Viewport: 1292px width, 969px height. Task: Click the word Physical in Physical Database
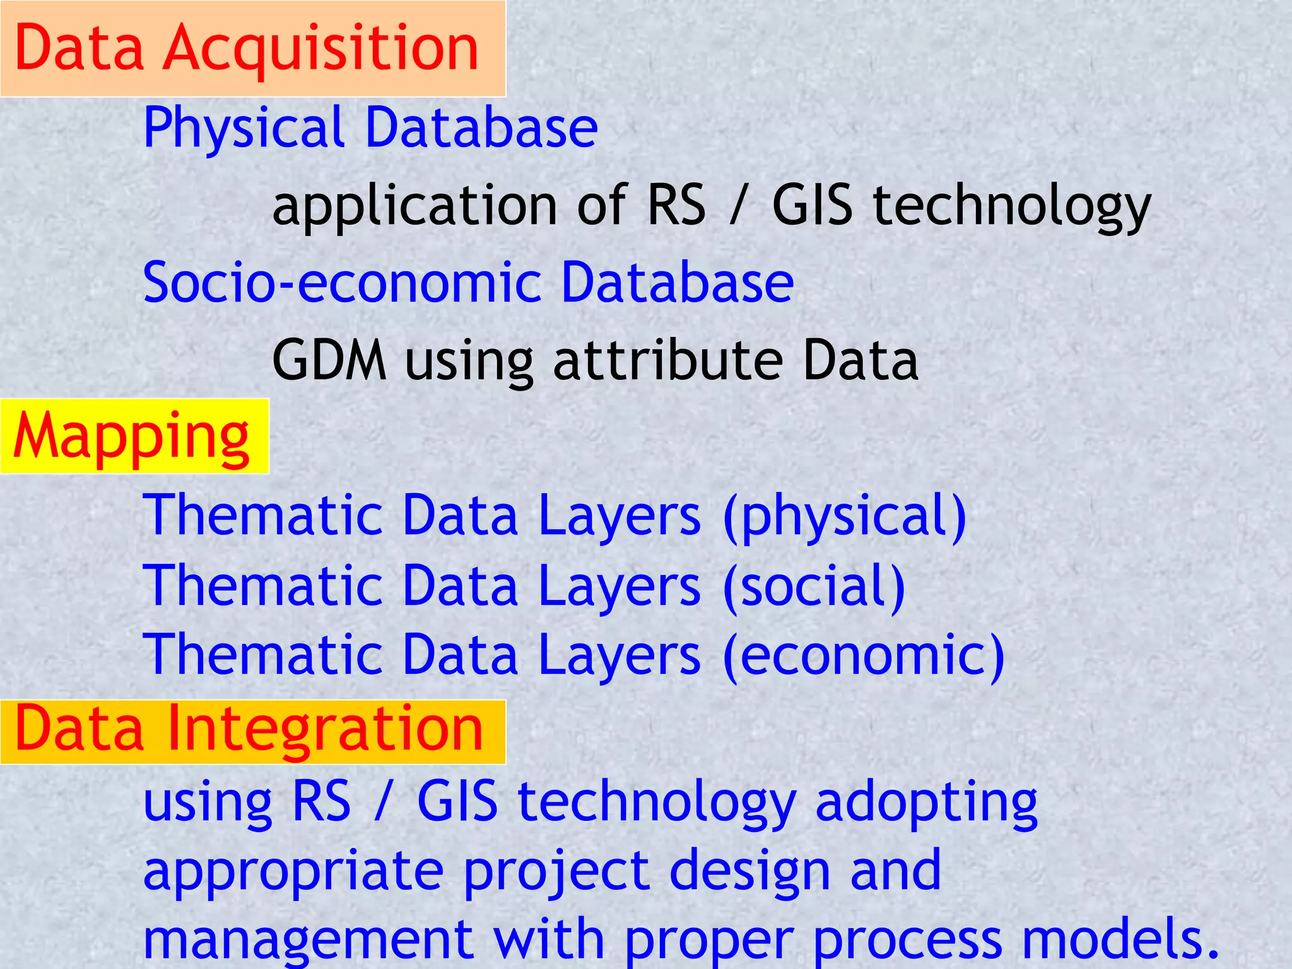coord(244,129)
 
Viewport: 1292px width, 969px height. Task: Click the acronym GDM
coord(329,360)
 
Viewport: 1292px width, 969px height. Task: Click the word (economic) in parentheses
coord(864,655)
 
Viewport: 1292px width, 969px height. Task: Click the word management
coord(308,939)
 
